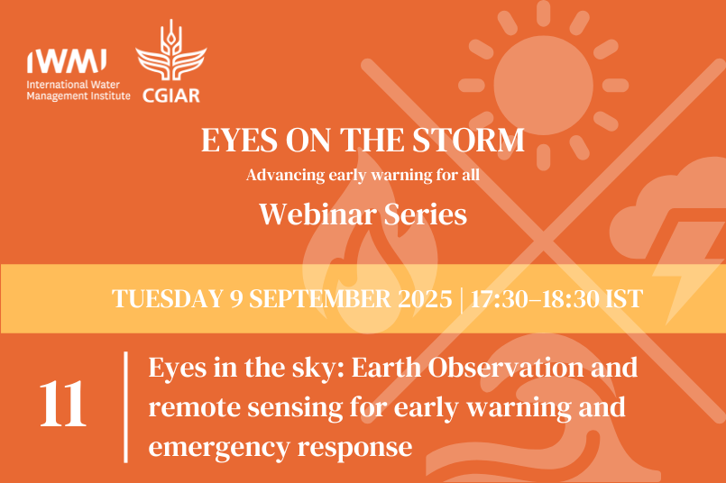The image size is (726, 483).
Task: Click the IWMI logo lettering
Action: click(68, 60)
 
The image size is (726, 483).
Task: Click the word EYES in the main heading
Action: click(235, 141)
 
